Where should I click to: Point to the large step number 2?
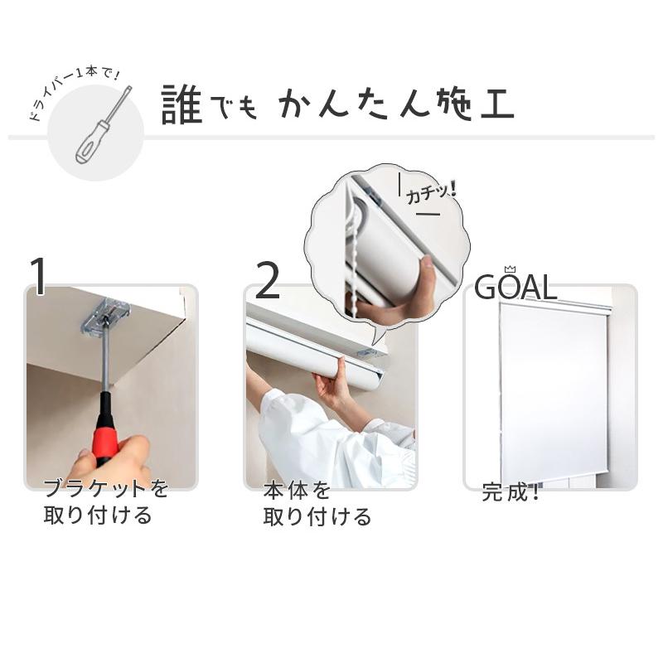click(268, 281)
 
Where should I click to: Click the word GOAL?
click(515, 287)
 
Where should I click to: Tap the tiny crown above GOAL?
click(509, 269)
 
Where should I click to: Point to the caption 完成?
click(511, 493)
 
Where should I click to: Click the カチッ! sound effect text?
click(430, 194)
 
